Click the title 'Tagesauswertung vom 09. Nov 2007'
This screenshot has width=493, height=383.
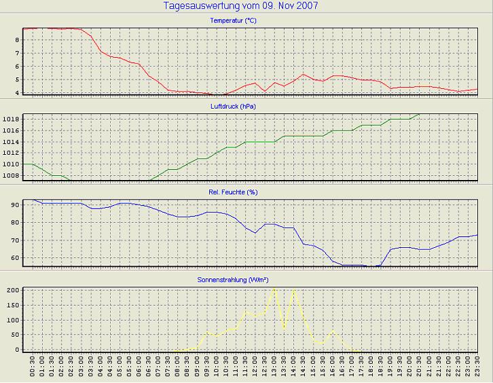click(x=241, y=6)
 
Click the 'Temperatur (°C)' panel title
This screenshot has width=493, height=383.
click(x=234, y=20)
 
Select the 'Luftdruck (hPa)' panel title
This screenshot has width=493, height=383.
click(x=234, y=107)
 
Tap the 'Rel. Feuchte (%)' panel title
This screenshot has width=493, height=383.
click(x=234, y=192)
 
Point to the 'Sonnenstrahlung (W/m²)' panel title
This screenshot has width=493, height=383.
click(x=234, y=279)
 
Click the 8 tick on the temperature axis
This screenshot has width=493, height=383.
click(x=17, y=40)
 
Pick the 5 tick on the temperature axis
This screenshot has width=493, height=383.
click(x=17, y=79)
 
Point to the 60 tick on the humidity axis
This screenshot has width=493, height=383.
click(x=14, y=258)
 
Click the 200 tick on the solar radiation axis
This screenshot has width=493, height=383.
click(x=12, y=290)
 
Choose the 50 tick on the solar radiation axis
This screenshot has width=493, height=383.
click(x=14, y=335)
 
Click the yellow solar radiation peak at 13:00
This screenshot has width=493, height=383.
click(x=274, y=289)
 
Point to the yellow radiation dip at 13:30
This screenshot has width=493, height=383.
click(x=284, y=329)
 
